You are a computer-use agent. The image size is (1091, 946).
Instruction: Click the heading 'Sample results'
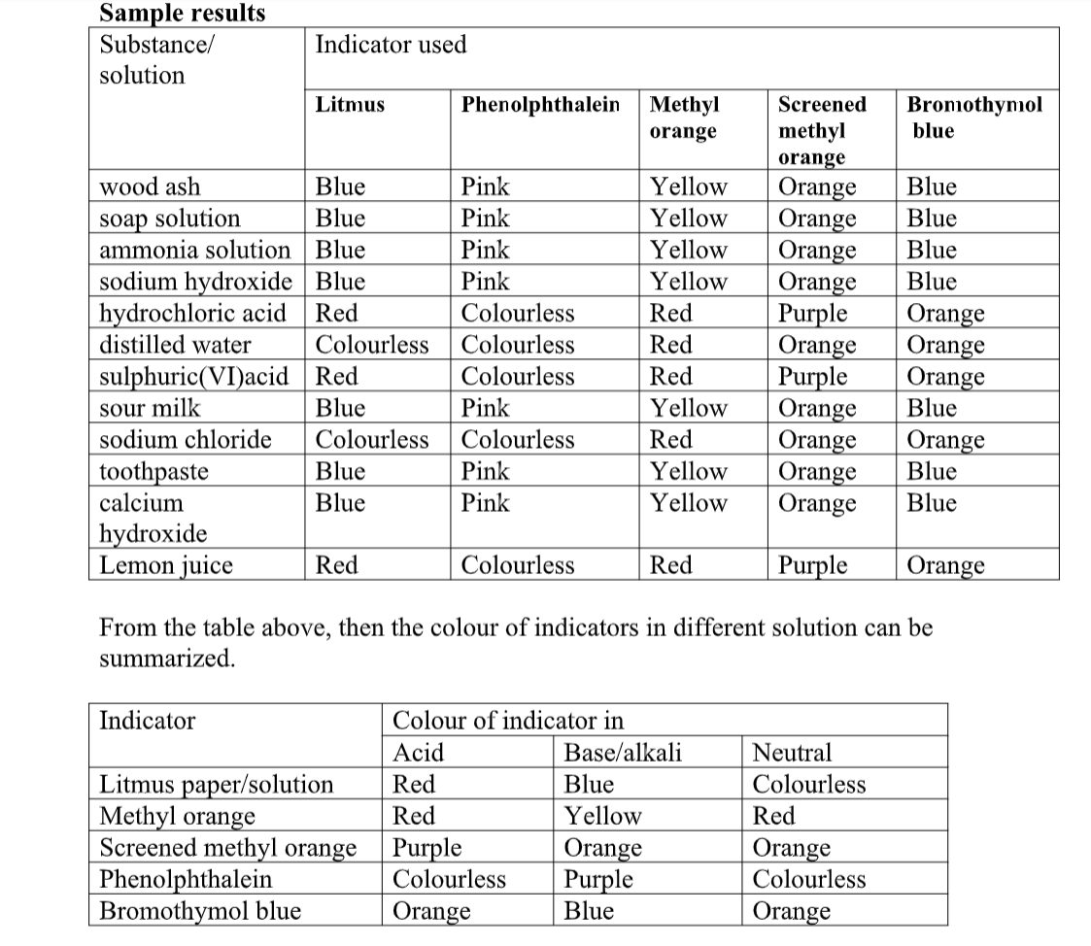pyautogui.click(x=183, y=14)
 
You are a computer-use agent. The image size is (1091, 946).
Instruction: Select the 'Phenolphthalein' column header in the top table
pyautogui.click(x=540, y=104)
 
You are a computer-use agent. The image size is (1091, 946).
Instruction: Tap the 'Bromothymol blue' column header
pyautogui.click(x=973, y=117)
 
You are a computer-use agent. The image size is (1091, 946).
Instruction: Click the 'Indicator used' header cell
pyautogui.click(x=391, y=45)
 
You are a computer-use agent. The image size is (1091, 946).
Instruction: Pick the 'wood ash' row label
pyautogui.click(x=151, y=186)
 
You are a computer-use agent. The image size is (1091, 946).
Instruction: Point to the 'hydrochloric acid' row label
pyautogui.click(x=193, y=313)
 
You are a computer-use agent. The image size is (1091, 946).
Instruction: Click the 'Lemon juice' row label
pyautogui.click(x=166, y=565)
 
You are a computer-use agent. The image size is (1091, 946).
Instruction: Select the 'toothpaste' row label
pyautogui.click(x=154, y=471)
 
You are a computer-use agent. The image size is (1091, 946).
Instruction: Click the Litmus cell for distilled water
pyautogui.click(x=371, y=345)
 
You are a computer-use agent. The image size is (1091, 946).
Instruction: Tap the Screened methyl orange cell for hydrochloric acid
pyautogui.click(x=813, y=313)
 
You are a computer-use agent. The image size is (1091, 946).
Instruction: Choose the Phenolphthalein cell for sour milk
pyautogui.click(x=485, y=408)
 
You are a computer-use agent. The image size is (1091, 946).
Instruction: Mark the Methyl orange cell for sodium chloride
pyautogui.click(x=670, y=439)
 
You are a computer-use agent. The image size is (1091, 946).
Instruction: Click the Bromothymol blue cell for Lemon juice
pyautogui.click(x=945, y=565)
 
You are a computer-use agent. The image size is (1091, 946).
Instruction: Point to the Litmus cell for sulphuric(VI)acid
pyautogui.click(x=337, y=376)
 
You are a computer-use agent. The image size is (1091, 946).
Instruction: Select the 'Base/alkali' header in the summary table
pyautogui.click(x=623, y=752)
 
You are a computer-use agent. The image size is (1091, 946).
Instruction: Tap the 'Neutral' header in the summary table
pyautogui.click(x=793, y=752)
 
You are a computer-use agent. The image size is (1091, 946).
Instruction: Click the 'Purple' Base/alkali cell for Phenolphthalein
pyautogui.click(x=598, y=879)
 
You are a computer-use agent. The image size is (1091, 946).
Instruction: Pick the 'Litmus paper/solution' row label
pyautogui.click(x=217, y=784)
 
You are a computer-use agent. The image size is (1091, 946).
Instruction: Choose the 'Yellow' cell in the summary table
pyautogui.click(x=603, y=816)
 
